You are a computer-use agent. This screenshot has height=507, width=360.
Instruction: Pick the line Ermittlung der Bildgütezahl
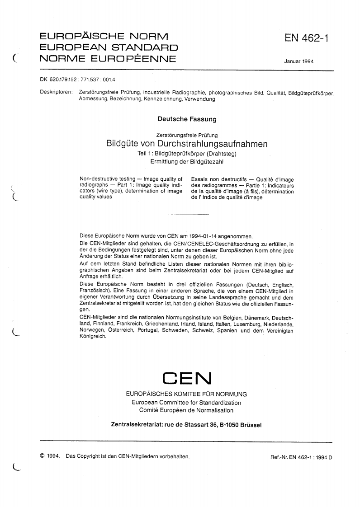[187, 161]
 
